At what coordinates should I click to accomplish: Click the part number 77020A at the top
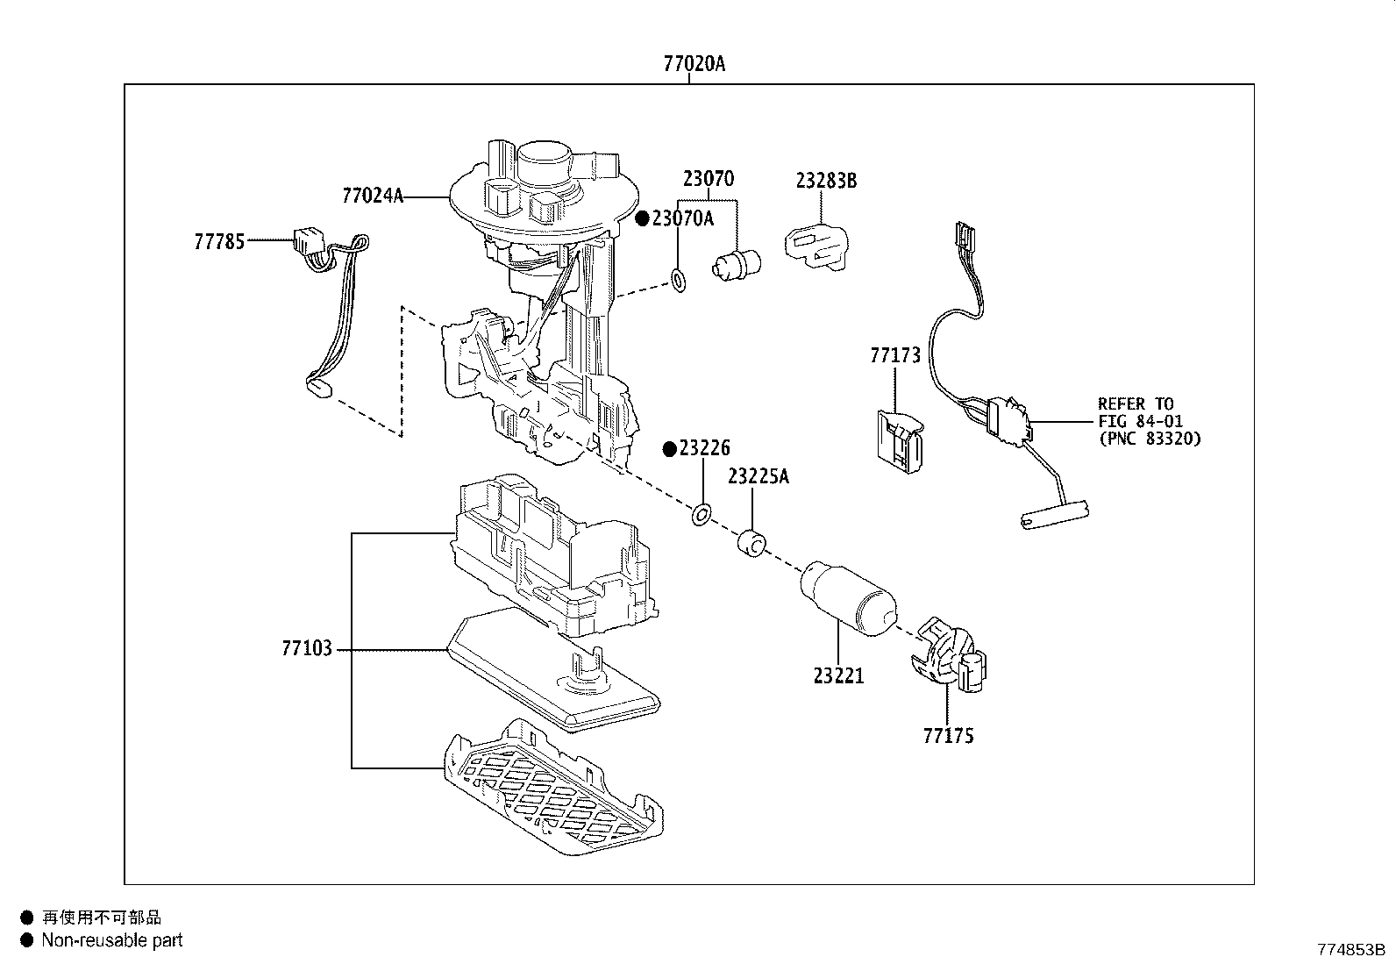[x=694, y=64]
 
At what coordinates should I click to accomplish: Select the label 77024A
[x=373, y=196]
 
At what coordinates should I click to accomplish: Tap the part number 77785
[x=219, y=241]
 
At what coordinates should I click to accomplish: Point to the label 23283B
[x=826, y=180]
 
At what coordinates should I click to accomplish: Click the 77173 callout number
[x=895, y=355]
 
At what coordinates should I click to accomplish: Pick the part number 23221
[x=838, y=676]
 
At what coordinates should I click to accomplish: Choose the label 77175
[x=948, y=736]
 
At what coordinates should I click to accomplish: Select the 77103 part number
[x=307, y=648]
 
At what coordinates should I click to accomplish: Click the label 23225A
[x=759, y=476]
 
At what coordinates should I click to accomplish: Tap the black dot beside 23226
[x=669, y=449]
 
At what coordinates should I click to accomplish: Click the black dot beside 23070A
[x=642, y=218]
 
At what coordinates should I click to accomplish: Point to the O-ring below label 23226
[x=702, y=515]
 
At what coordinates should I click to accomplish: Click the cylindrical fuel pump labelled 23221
[x=849, y=598]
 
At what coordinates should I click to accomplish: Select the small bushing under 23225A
[x=751, y=544]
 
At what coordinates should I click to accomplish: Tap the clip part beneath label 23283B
[x=816, y=247]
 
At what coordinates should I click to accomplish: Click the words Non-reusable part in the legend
[x=112, y=940]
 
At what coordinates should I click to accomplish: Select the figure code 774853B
[x=1351, y=950]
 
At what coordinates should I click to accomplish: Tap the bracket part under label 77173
[x=900, y=441]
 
